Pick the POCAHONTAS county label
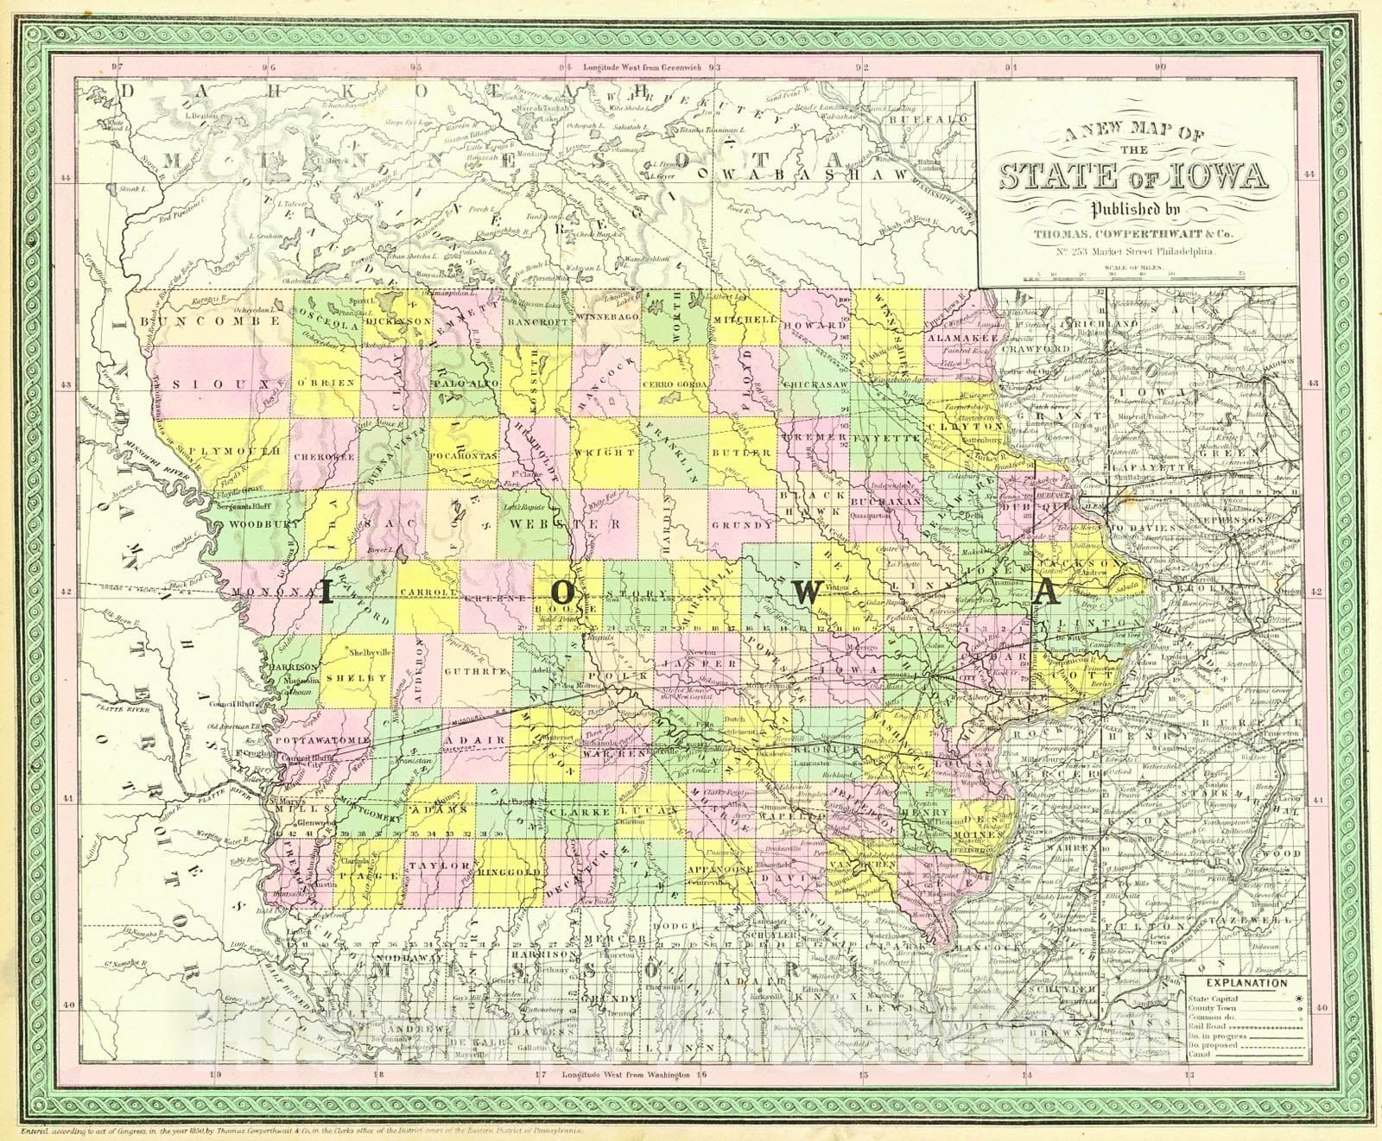466,452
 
